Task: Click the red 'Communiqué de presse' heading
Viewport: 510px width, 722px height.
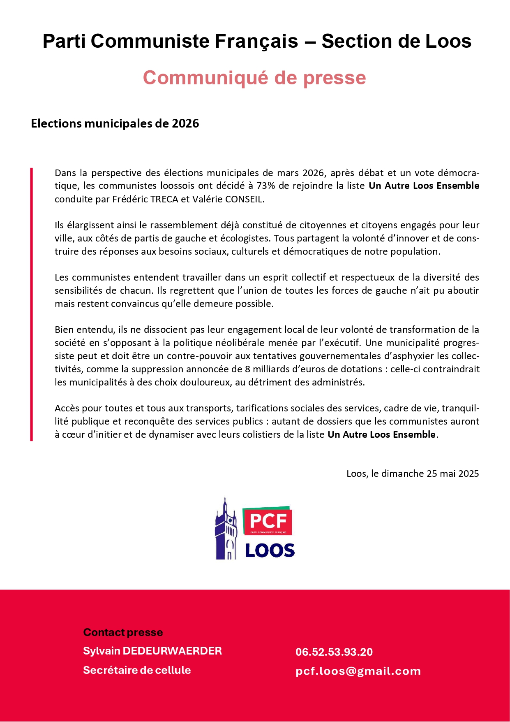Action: pos(254,78)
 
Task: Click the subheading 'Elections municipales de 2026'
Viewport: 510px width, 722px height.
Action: pos(115,123)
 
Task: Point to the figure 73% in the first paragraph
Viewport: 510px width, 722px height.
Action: pos(265,186)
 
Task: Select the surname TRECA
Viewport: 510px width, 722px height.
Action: pos(164,199)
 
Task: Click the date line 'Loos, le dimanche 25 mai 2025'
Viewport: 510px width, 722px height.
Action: pos(413,474)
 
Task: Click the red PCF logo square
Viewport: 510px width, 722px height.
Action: pos(268,522)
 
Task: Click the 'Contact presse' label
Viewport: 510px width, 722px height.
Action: pos(123,632)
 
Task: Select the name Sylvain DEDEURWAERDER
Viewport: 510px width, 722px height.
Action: pos(152,651)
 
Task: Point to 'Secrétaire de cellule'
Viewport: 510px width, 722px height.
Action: pos(137,670)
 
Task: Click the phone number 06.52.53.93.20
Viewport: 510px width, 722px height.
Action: pos(334,652)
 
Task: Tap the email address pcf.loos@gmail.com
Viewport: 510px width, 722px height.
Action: pos(358,671)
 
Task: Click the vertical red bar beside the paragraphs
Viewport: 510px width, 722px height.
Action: pos(32,304)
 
